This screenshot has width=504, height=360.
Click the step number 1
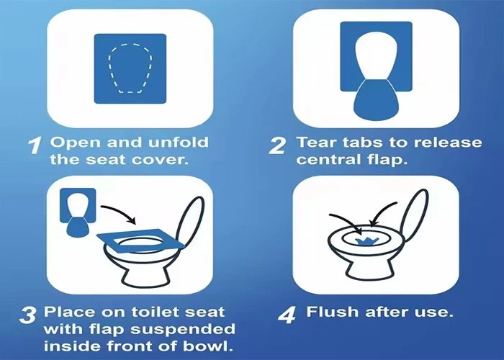(35, 145)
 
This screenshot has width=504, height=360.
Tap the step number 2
(277, 145)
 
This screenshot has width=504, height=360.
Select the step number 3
(27, 315)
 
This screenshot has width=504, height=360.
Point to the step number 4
(287, 315)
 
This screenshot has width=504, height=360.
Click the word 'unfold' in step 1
(179, 143)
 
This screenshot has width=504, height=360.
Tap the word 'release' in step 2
(448, 143)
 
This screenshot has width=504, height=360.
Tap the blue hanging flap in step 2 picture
(376, 100)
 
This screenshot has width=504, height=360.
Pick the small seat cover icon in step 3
(78, 212)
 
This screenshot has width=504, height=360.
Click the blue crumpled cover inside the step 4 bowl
(366, 242)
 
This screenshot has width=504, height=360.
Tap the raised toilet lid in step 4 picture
(415, 215)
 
